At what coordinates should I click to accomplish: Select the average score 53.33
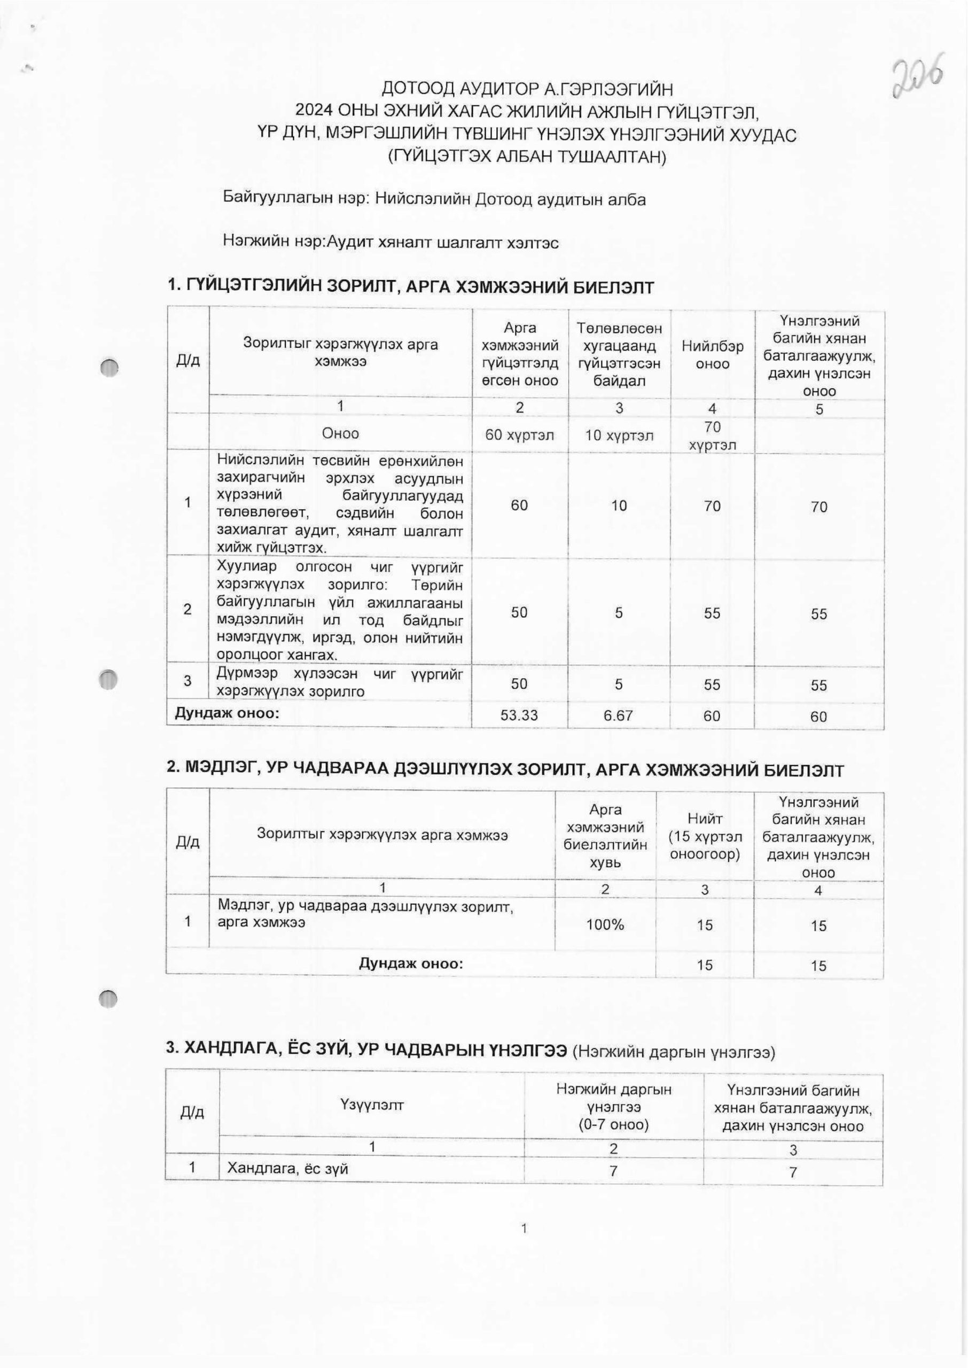coord(519,716)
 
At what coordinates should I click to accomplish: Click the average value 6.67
coord(619,716)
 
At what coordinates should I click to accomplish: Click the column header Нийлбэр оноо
coord(712,355)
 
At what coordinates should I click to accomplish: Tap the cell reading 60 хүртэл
coord(519,435)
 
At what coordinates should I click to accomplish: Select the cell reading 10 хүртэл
coord(619,435)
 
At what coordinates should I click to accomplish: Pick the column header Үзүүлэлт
coord(372,1105)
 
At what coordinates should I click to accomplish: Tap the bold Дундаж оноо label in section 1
coord(227,713)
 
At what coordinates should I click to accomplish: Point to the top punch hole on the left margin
coord(110,368)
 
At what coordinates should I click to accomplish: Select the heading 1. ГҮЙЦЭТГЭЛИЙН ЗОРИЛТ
coord(411,287)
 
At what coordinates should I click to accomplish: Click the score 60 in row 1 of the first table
coord(519,506)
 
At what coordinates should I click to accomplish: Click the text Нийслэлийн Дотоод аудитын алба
coord(510,199)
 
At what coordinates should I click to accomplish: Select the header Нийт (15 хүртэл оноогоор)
coord(705,837)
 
